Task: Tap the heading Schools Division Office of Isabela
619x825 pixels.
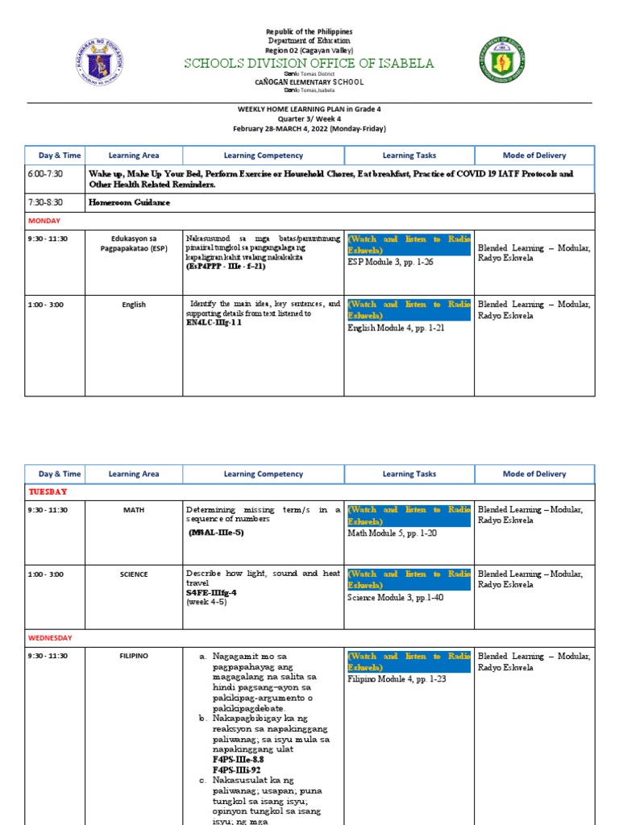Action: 309,64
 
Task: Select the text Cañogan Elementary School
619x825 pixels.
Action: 309,82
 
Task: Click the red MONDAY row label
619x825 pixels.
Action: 44,220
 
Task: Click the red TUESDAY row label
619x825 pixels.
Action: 48,491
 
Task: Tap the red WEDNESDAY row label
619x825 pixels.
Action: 51,637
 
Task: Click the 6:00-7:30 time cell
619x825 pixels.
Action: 44,173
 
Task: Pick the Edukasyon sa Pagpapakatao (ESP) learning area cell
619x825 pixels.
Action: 134,245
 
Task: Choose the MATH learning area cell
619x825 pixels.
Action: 134,510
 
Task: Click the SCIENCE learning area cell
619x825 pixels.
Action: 134,574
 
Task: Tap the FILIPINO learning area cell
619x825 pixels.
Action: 134,656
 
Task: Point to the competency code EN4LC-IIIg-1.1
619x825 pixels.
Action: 214,322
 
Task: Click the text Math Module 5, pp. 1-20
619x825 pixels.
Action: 392,533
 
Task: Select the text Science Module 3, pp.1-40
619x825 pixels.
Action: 396,598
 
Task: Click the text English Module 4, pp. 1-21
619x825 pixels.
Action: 396,328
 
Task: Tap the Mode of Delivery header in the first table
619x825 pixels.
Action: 534,155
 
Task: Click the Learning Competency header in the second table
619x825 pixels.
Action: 264,475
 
